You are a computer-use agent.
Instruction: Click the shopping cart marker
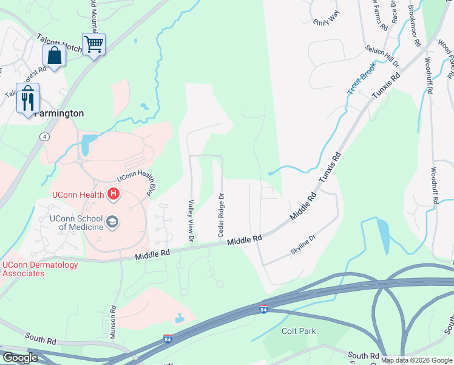click(93, 44)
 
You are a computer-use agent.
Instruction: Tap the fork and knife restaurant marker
click(28, 99)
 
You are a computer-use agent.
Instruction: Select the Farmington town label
click(58, 114)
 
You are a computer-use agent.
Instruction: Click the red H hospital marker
click(113, 195)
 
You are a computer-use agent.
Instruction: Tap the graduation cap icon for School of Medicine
click(113, 223)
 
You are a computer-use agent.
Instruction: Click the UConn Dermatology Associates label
click(40, 269)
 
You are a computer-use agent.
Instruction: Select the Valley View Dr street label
click(191, 221)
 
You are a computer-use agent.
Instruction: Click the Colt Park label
click(299, 332)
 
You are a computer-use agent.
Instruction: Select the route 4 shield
click(45, 136)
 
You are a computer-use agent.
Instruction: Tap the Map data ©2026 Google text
click(416, 360)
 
